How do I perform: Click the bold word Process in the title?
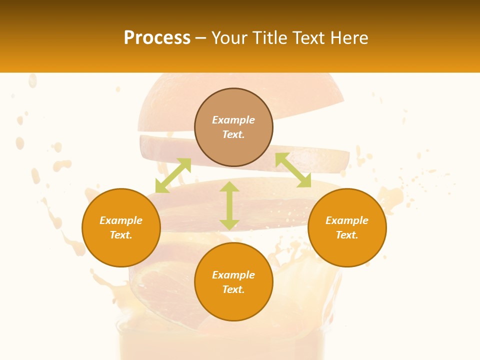pyautogui.click(x=157, y=38)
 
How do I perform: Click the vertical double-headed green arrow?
pyautogui.click(x=229, y=205)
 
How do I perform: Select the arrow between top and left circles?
pyautogui.click(x=173, y=175)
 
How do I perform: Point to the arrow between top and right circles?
pyautogui.click(x=293, y=170)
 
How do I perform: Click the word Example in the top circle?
pyautogui.click(x=233, y=120)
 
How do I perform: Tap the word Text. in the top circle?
pyautogui.click(x=233, y=134)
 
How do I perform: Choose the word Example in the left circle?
pyautogui.click(x=121, y=220)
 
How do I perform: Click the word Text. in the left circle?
pyautogui.click(x=121, y=235)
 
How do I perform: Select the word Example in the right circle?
pyautogui.click(x=347, y=220)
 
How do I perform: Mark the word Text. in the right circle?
pyautogui.click(x=347, y=235)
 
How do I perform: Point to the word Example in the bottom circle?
pyautogui.click(x=233, y=275)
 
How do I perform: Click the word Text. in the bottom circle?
pyautogui.click(x=233, y=289)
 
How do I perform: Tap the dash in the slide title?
pyautogui.click(x=201, y=38)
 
